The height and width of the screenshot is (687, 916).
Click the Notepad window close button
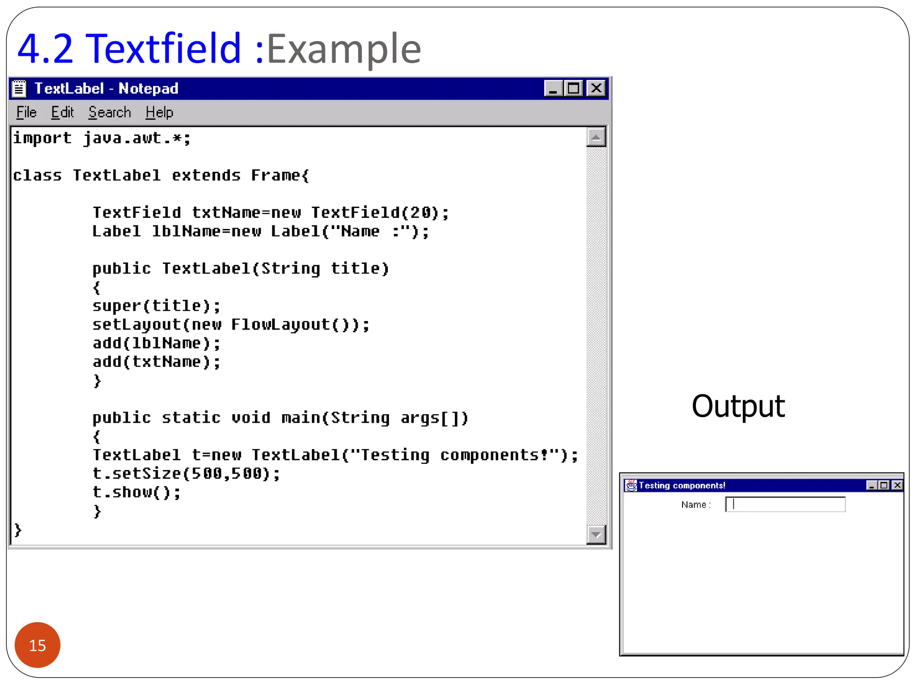coord(596,88)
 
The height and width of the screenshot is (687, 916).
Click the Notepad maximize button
coord(573,88)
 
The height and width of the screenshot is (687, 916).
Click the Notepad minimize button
coord(553,88)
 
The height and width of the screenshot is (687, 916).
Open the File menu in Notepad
coord(26,112)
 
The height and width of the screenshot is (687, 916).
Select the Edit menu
coord(62,112)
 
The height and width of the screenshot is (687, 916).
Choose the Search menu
coord(110,112)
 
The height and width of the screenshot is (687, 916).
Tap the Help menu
coord(159,112)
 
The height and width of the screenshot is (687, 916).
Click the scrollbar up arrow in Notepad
coord(596,137)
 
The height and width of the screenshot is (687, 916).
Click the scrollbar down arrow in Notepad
coord(596,534)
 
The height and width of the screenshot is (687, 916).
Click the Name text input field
coord(785,505)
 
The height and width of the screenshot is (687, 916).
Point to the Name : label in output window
coord(696,505)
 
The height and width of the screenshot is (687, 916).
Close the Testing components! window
coord(897,485)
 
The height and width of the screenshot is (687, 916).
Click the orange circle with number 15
coord(38,645)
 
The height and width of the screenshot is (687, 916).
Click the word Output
coord(738,406)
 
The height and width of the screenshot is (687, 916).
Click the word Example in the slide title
coord(344,49)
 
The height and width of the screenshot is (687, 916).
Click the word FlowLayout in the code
coord(280,324)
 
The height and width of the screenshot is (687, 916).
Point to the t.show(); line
coord(136,492)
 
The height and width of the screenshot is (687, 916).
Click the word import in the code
coord(42,138)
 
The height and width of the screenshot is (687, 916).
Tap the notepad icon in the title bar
coord(19,88)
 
